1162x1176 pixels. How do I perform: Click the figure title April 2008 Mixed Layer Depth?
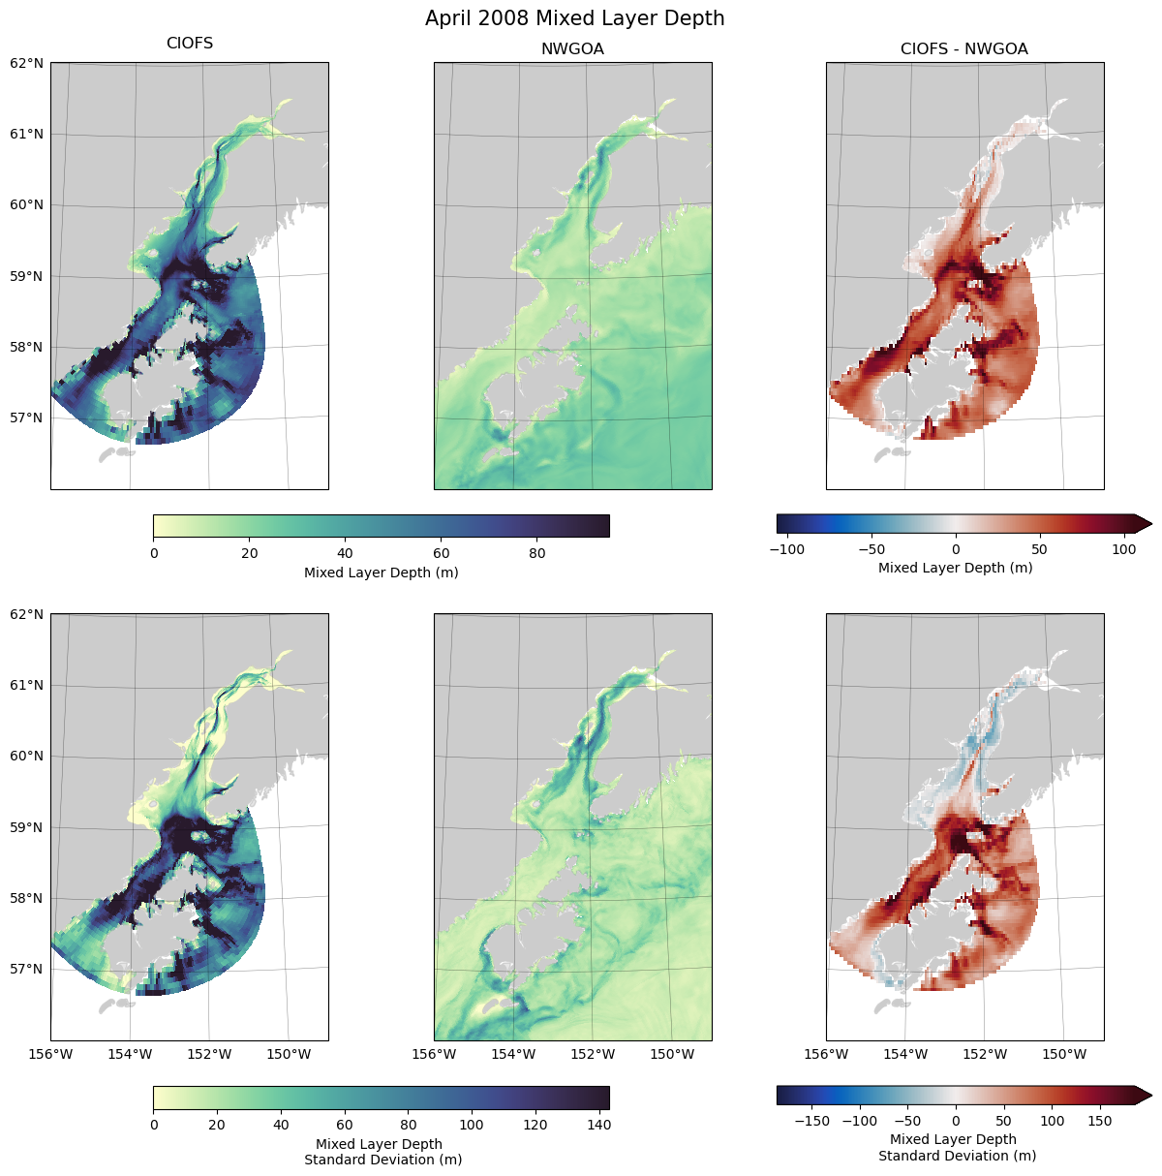[x=574, y=18]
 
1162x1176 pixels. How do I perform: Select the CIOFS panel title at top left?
[x=190, y=44]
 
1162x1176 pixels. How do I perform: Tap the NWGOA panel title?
[x=572, y=48]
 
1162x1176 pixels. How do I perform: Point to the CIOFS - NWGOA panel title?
[x=964, y=48]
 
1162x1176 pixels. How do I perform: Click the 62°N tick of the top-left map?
[x=27, y=63]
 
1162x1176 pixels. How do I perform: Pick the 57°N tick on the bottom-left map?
[x=27, y=969]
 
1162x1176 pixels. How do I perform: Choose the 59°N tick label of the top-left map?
[x=27, y=276]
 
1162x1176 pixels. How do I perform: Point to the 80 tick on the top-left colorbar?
[x=537, y=553]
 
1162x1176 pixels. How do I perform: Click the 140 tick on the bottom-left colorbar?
[x=598, y=1125]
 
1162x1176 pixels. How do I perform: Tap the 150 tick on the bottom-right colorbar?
[x=1100, y=1121]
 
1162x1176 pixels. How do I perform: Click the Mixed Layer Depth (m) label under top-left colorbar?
[x=381, y=573]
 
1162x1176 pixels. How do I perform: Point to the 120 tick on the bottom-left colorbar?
[x=535, y=1125]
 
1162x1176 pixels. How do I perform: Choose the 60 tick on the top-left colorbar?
[x=442, y=553]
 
